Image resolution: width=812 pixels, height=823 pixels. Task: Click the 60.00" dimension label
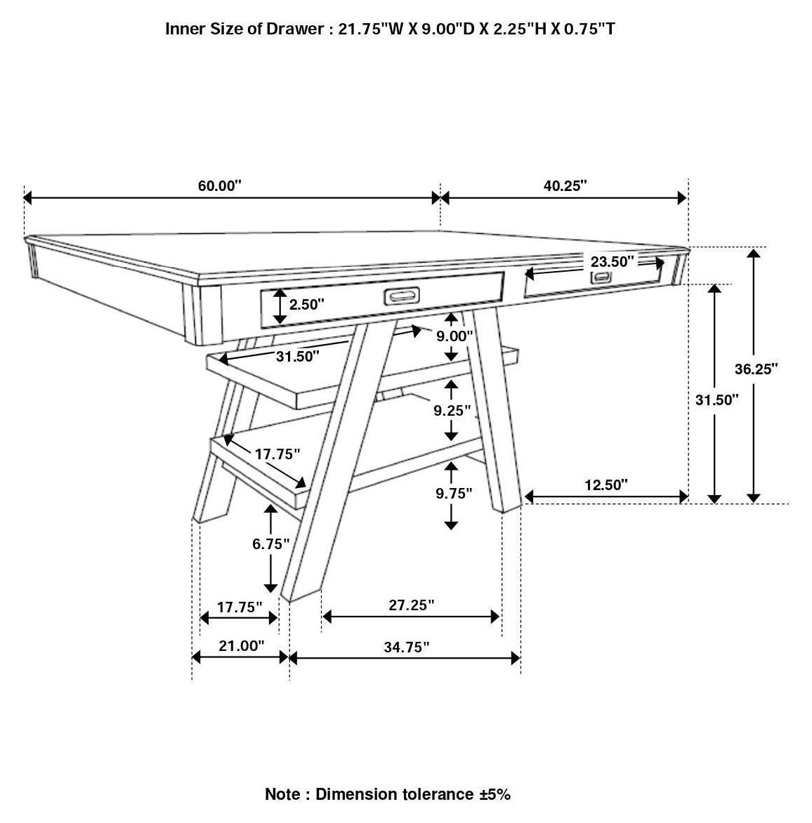pos(219,186)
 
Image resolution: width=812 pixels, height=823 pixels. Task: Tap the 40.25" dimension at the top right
pos(565,186)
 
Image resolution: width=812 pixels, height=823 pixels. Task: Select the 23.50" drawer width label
pos(612,262)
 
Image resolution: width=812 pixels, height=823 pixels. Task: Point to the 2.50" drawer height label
pos(307,305)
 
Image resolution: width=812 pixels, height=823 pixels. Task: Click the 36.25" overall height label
pos(757,369)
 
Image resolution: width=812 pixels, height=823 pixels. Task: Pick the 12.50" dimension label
pos(605,485)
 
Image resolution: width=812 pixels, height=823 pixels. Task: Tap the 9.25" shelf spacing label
pos(452,410)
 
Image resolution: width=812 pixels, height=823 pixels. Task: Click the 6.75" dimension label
pos(271,544)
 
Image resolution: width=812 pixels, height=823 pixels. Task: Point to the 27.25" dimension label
pos(411,605)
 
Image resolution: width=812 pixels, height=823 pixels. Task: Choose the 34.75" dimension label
pos(406,647)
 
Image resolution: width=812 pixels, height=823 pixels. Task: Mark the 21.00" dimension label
pos(241,645)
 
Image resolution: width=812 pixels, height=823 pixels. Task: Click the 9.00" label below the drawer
pos(454,336)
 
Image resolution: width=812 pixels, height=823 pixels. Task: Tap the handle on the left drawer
pos(402,296)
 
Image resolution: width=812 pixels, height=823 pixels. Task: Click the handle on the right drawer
pos(601,277)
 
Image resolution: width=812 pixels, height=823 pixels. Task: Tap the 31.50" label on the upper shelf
pos(297,356)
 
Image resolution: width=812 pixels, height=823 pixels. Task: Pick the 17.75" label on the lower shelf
pos(277,454)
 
